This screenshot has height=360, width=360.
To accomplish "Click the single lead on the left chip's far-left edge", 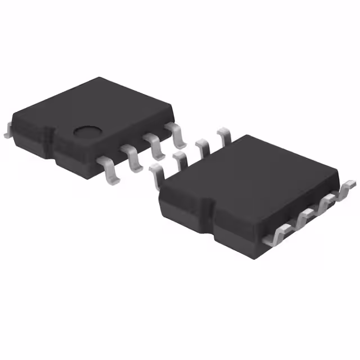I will click(7, 130).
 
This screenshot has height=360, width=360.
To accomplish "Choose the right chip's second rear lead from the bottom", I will click(179, 158).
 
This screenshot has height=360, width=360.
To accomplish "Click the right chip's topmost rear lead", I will click(223, 136).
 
